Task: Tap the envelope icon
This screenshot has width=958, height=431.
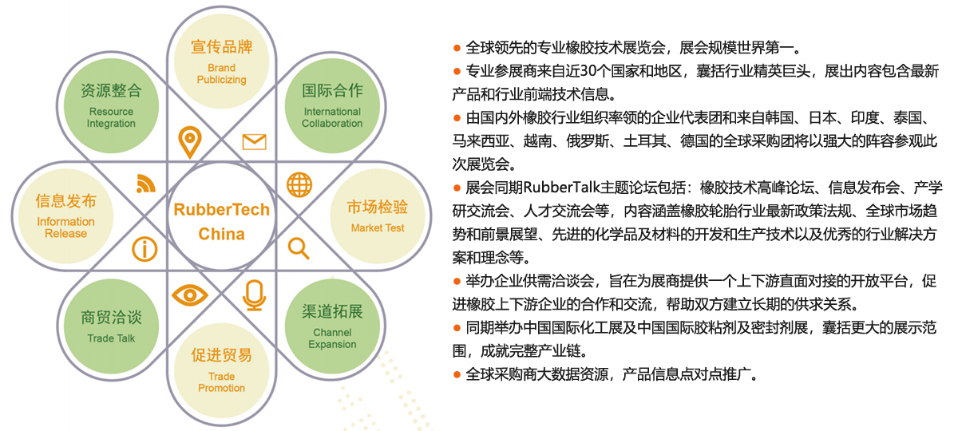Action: coord(255,142)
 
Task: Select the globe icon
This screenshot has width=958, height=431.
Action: coord(299,184)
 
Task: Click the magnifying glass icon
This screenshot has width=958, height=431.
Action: coord(299,248)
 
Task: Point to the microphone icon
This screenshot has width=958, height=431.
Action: coord(255,295)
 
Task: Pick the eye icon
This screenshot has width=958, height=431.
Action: coord(190,295)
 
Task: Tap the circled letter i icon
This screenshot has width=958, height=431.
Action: coord(144,249)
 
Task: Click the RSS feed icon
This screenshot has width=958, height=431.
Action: coord(146,184)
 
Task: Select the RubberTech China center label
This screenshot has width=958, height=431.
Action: coord(222,222)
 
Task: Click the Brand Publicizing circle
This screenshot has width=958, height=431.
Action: coord(222,61)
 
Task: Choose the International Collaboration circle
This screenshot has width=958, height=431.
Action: coord(332,105)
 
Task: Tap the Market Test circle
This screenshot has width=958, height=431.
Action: coord(378,216)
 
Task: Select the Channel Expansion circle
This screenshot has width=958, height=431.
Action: coord(332,326)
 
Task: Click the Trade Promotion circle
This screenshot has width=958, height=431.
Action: coord(222,370)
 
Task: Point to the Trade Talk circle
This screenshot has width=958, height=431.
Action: coord(111,326)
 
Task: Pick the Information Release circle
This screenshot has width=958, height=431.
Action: coord(65,216)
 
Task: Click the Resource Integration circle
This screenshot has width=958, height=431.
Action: coord(111,105)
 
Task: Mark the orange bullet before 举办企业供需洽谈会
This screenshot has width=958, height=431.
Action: coord(457,281)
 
